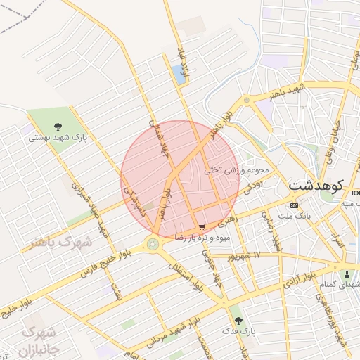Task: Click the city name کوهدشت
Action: [x=316, y=186]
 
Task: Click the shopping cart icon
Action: [x=202, y=227]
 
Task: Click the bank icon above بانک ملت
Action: [x=293, y=205]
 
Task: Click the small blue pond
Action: [x=180, y=75]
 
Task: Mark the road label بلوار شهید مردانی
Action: [x=171, y=329]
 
